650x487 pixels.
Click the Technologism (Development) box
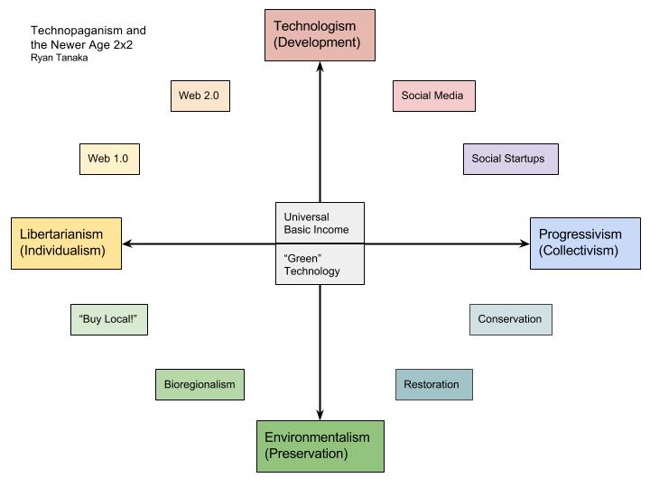click(320, 35)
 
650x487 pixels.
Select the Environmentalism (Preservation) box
click(320, 446)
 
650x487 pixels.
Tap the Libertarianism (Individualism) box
click(66, 243)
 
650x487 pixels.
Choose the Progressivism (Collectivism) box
click(584, 243)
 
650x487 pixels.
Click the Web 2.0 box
click(200, 96)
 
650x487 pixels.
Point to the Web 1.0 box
click(109, 159)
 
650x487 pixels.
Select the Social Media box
click(433, 96)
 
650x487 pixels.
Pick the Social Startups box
click(510, 159)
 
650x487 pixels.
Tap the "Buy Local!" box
click(108, 319)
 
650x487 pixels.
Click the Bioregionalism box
click(200, 384)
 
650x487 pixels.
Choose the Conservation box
click(510, 319)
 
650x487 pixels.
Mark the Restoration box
click(433, 384)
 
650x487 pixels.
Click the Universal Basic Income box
click(320, 223)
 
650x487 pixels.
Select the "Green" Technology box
click(320, 264)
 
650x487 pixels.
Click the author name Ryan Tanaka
click(60, 59)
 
